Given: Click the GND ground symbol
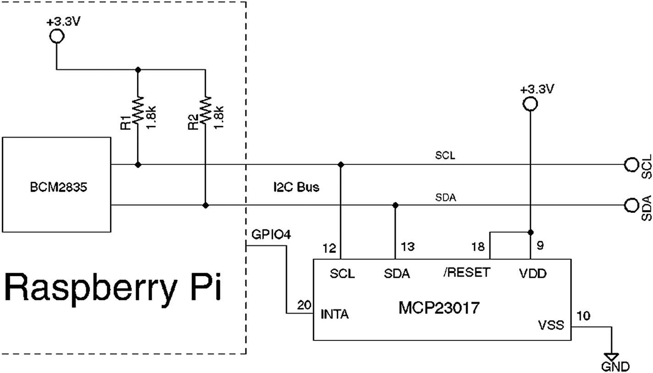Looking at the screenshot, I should point(611,356).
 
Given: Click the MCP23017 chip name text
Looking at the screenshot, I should point(439,307).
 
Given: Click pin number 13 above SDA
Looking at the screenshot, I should point(407,247).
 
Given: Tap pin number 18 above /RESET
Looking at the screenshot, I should point(479,247).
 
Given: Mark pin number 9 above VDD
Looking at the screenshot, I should point(540,246).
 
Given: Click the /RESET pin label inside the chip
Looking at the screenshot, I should point(467,273).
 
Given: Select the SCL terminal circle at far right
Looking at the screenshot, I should point(631,164).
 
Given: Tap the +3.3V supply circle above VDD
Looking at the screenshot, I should point(530,105).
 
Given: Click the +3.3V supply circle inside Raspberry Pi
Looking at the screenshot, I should point(56,35).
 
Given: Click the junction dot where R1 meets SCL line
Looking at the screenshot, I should point(137,164).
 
